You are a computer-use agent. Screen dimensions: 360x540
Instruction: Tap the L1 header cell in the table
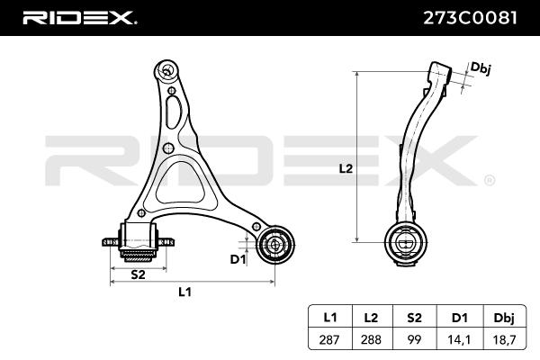(329, 316)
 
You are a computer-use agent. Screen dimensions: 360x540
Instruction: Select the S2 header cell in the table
(415, 316)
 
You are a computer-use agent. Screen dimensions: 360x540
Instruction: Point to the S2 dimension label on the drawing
(139, 274)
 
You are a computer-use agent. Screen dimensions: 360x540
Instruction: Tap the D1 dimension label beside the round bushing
(238, 260)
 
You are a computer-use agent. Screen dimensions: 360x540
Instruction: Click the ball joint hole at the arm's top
(165, 69)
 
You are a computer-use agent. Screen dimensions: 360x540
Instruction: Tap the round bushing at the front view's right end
(273, 244)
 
